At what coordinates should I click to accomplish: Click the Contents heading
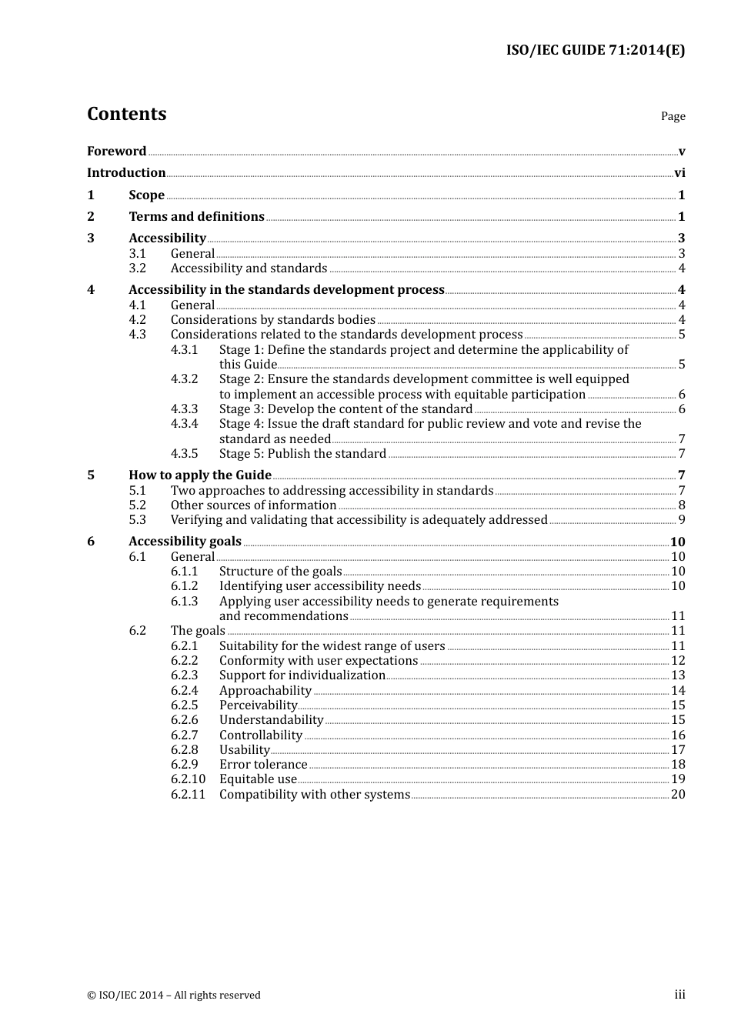126,114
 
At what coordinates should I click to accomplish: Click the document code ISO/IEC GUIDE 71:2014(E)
595,51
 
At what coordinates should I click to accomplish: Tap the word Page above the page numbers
673,116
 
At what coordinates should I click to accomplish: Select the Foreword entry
116,152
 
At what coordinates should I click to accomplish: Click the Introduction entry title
126,173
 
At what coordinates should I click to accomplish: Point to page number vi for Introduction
679,173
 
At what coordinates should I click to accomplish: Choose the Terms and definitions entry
196,217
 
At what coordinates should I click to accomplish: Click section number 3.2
137,269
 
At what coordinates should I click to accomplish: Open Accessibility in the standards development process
286,290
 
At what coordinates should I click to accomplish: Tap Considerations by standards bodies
272,320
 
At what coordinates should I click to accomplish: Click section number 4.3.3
184,409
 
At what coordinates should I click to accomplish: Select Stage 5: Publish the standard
302,454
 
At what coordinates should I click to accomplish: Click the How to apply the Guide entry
200,475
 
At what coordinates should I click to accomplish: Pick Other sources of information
253,505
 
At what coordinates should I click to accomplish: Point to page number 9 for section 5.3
682,520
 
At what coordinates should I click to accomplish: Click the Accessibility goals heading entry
185,542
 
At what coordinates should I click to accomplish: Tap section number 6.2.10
188,779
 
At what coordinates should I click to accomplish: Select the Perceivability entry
258,705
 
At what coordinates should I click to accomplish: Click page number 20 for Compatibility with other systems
678,795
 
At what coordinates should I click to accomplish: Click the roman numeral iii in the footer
679,995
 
